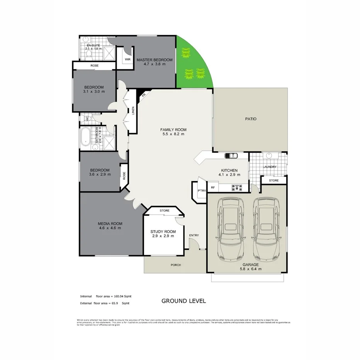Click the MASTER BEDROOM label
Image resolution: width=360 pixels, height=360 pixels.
(154, 59)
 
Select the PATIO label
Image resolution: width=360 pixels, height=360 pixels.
(251, 119)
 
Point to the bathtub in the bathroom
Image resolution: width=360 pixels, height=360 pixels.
(85, 138)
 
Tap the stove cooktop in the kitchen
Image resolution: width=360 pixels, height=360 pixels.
(237, 188)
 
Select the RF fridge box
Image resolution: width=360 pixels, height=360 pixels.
(212, 188)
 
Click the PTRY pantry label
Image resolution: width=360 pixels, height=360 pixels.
(201, 191)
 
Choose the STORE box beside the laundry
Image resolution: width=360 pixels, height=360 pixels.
(274, 180)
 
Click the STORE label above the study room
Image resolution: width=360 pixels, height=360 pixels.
(165, 211)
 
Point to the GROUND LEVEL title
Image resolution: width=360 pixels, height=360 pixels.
(183, 301)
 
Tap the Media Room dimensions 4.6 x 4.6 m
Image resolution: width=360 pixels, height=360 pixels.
(110, 228)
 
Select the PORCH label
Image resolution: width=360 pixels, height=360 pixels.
(176, 265)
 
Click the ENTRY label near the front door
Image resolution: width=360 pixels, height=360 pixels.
(194, 235)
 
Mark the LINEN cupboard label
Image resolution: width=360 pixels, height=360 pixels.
(133, 111)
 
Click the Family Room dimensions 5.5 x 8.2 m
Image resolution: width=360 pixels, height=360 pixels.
(173, 134)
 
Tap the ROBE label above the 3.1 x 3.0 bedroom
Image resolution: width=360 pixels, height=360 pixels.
(94, 66)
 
